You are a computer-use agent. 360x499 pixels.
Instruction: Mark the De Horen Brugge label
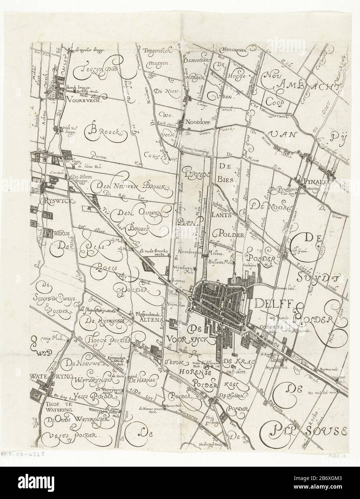tap(80, 177)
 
